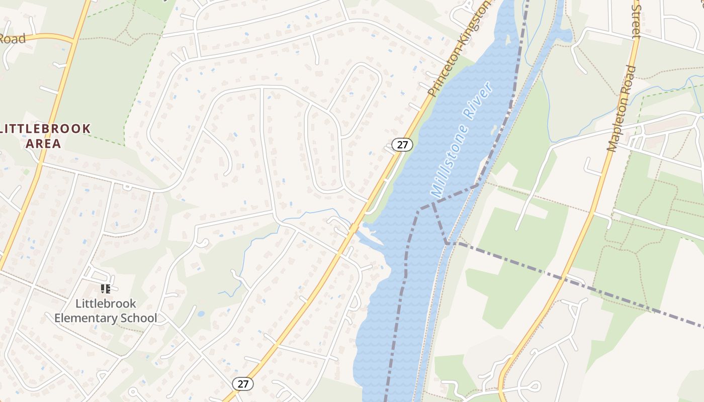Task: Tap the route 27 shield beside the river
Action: [x=402, y=145]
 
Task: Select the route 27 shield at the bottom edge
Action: [x=243, y=384]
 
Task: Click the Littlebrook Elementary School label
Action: [x=106, y=311]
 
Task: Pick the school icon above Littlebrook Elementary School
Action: [x=105, y=288]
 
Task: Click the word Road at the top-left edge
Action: [x=12, y=39]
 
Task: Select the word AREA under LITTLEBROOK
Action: [x=43, y=143]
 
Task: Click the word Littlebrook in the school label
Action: [x=106, y=304]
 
